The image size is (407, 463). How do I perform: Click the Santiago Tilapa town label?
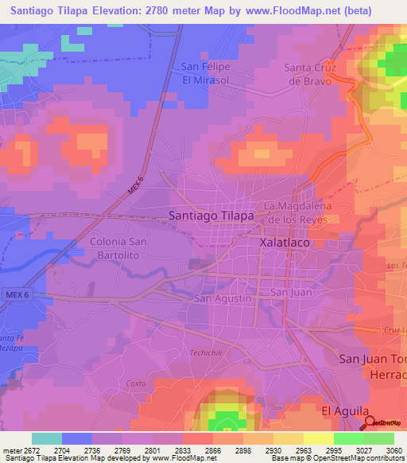coord(211,216)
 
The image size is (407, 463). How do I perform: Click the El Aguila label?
coord(342,410)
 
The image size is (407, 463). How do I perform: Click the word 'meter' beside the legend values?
coord(12,449)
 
